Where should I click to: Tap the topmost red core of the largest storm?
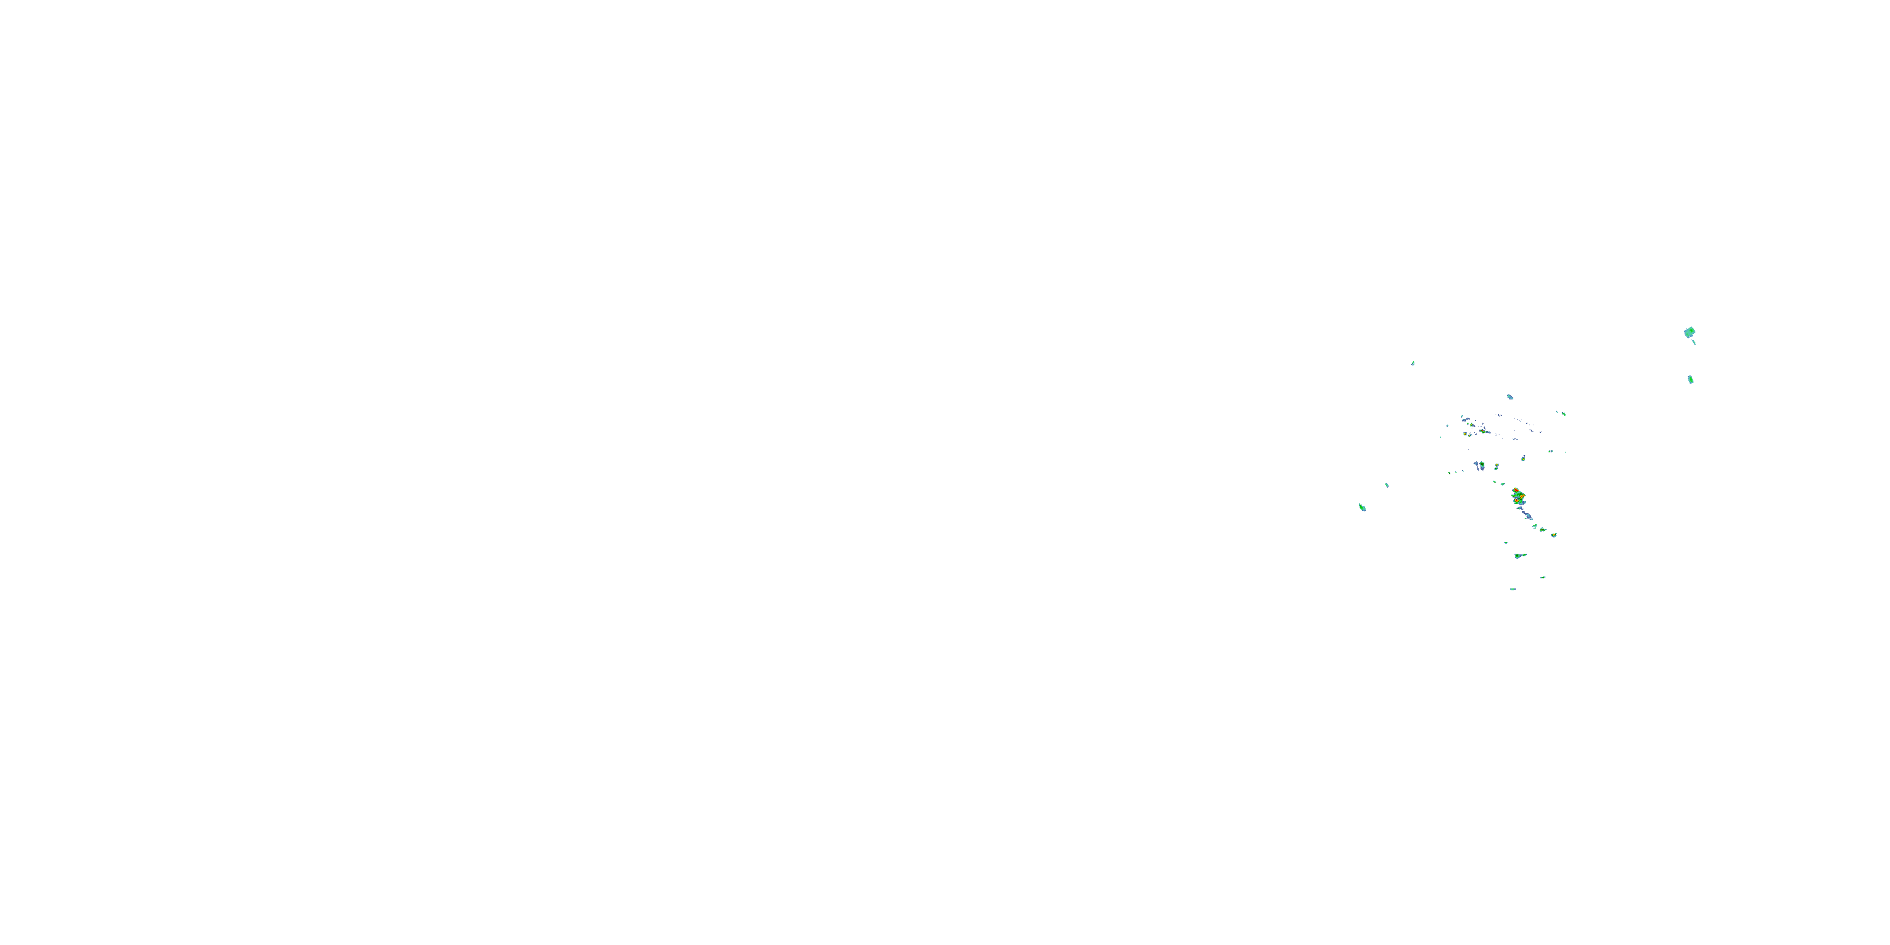click(1516, 490)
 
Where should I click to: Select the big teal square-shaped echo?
click(1689, 333)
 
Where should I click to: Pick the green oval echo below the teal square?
click(1690, 379)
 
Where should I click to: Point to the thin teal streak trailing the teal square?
click(1694, 342)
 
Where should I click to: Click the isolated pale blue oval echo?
click(1510, 397)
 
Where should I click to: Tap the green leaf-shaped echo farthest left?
click(1361, 507)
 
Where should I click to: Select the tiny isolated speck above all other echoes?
click(1413, 362)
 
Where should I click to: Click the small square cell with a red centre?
click(1465, 434)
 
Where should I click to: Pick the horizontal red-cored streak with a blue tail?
click(1484, 432)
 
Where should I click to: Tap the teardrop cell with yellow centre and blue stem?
click(1523, 459)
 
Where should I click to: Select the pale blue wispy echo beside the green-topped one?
click(1477, 464)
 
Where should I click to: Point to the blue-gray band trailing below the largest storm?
click(1527, 515)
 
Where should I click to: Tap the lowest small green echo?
click(1513, 589)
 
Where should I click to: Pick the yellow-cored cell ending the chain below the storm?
click(1554, 535)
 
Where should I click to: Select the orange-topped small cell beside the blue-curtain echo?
click(1497, 465)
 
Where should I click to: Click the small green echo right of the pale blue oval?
click(1564, 415)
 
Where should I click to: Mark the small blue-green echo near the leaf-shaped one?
click(1387, 485)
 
